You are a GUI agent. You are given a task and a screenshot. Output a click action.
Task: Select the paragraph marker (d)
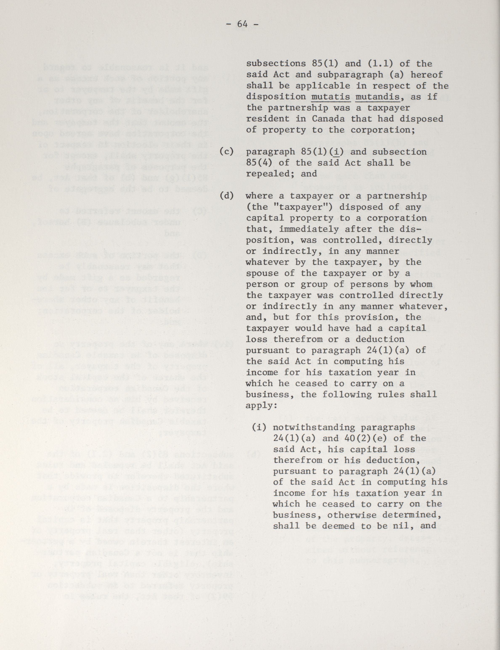226,196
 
